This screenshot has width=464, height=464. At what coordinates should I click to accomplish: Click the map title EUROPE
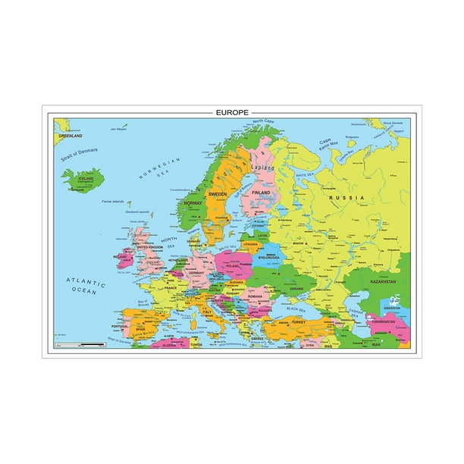tap(231, 112)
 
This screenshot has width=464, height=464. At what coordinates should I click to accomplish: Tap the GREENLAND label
tap(71, 136)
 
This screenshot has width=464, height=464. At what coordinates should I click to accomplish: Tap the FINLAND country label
tap(260, 194)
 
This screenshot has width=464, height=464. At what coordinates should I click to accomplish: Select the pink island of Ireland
tap(122, 259)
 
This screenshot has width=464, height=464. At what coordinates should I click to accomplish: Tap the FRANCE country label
tap(170, 289)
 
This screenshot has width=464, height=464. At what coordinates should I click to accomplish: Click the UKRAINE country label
tap(296, 289)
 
